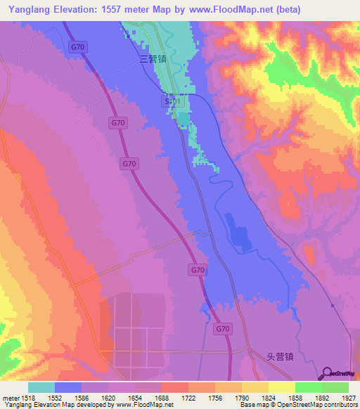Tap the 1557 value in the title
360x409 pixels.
[119, 10]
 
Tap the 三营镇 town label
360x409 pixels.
[153, 60]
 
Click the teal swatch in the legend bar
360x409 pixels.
[41, 387]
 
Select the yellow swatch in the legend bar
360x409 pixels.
[281, 387]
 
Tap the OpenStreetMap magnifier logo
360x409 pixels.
[327, 372]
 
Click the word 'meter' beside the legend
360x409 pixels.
[10, 396]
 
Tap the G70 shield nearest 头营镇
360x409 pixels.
[223, 328]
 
